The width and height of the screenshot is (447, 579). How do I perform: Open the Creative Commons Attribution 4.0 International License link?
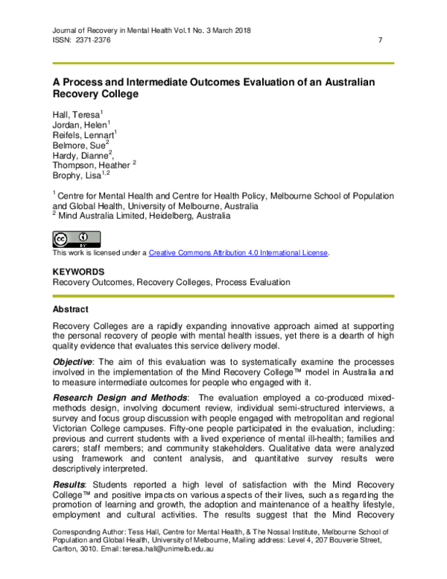click(x=238, y=253)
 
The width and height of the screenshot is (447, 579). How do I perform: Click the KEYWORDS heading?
click(x=78, y=272)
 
